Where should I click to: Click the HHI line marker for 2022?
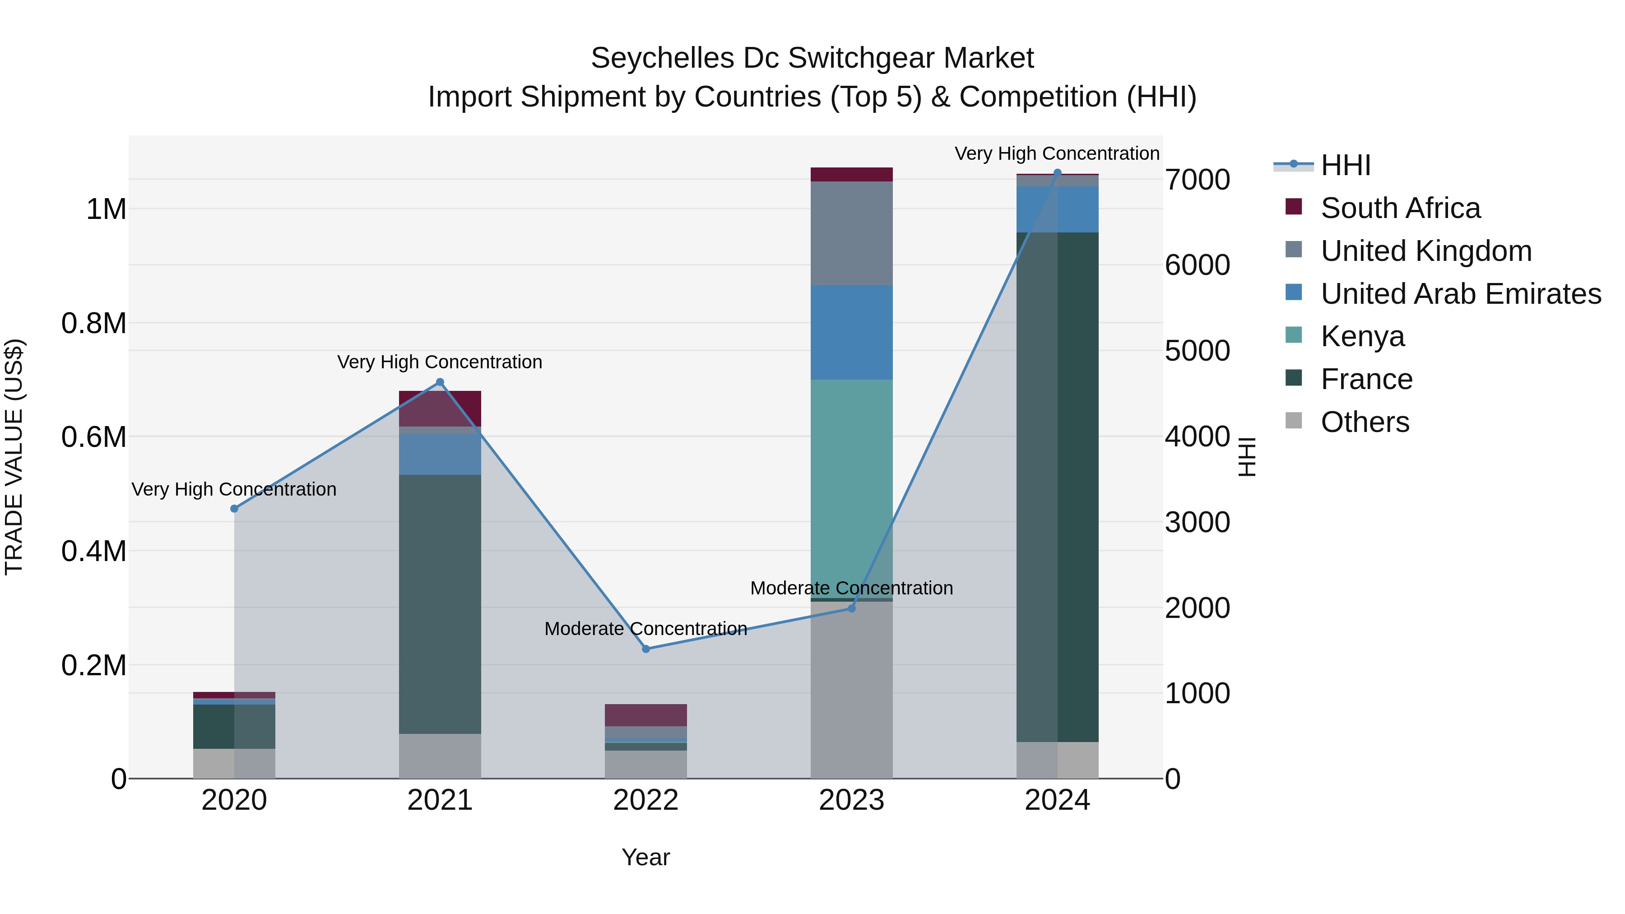click(645, 649)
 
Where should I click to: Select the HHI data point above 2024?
click(1057, 173)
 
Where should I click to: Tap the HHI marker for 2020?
click(234, 508)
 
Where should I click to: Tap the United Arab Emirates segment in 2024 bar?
click(1057, 209)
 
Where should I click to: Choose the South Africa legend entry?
click(1400, 208)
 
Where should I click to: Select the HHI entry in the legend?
click(1345, 165)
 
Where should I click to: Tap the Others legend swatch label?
click(1365, 422)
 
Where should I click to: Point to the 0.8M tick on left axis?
click(93, 323)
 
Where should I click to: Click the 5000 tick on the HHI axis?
click(1197, 351)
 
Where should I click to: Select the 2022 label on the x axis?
click(645, 800)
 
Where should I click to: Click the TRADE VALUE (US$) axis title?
click(14, 457)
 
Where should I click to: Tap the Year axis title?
click(645, 857)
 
